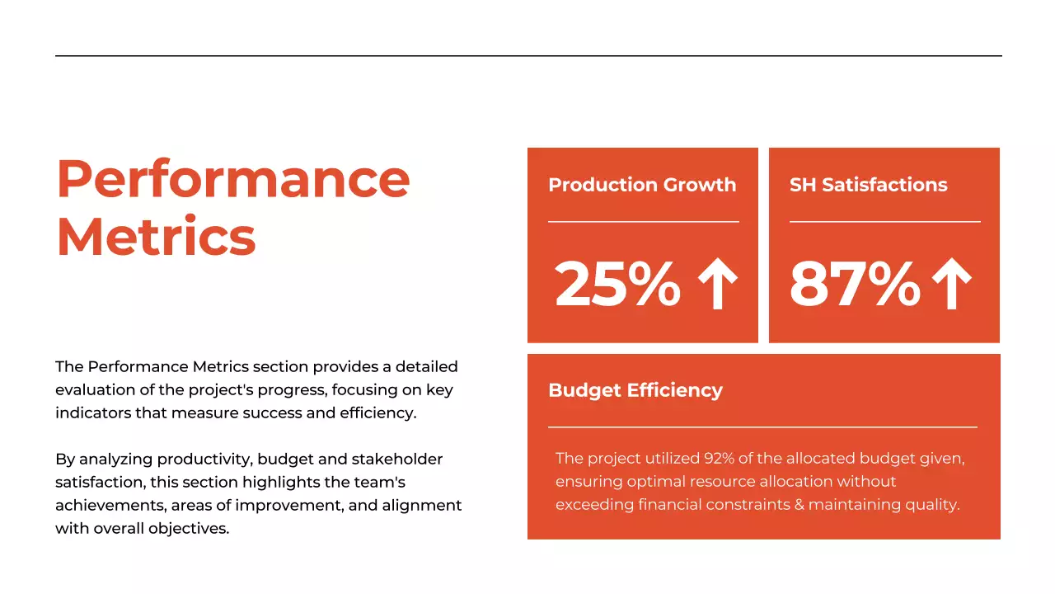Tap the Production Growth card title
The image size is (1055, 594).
[642, 185]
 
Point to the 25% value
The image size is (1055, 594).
[617, 283]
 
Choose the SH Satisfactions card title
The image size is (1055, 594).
[868, 185]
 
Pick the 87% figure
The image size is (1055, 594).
[854, 283]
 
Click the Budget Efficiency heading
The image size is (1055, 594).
[635, 390]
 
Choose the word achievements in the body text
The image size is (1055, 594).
[104, 505]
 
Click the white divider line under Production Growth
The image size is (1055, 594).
[643, 222]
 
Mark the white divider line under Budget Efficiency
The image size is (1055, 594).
[762, 427]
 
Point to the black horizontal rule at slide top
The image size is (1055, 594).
[527, 56]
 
